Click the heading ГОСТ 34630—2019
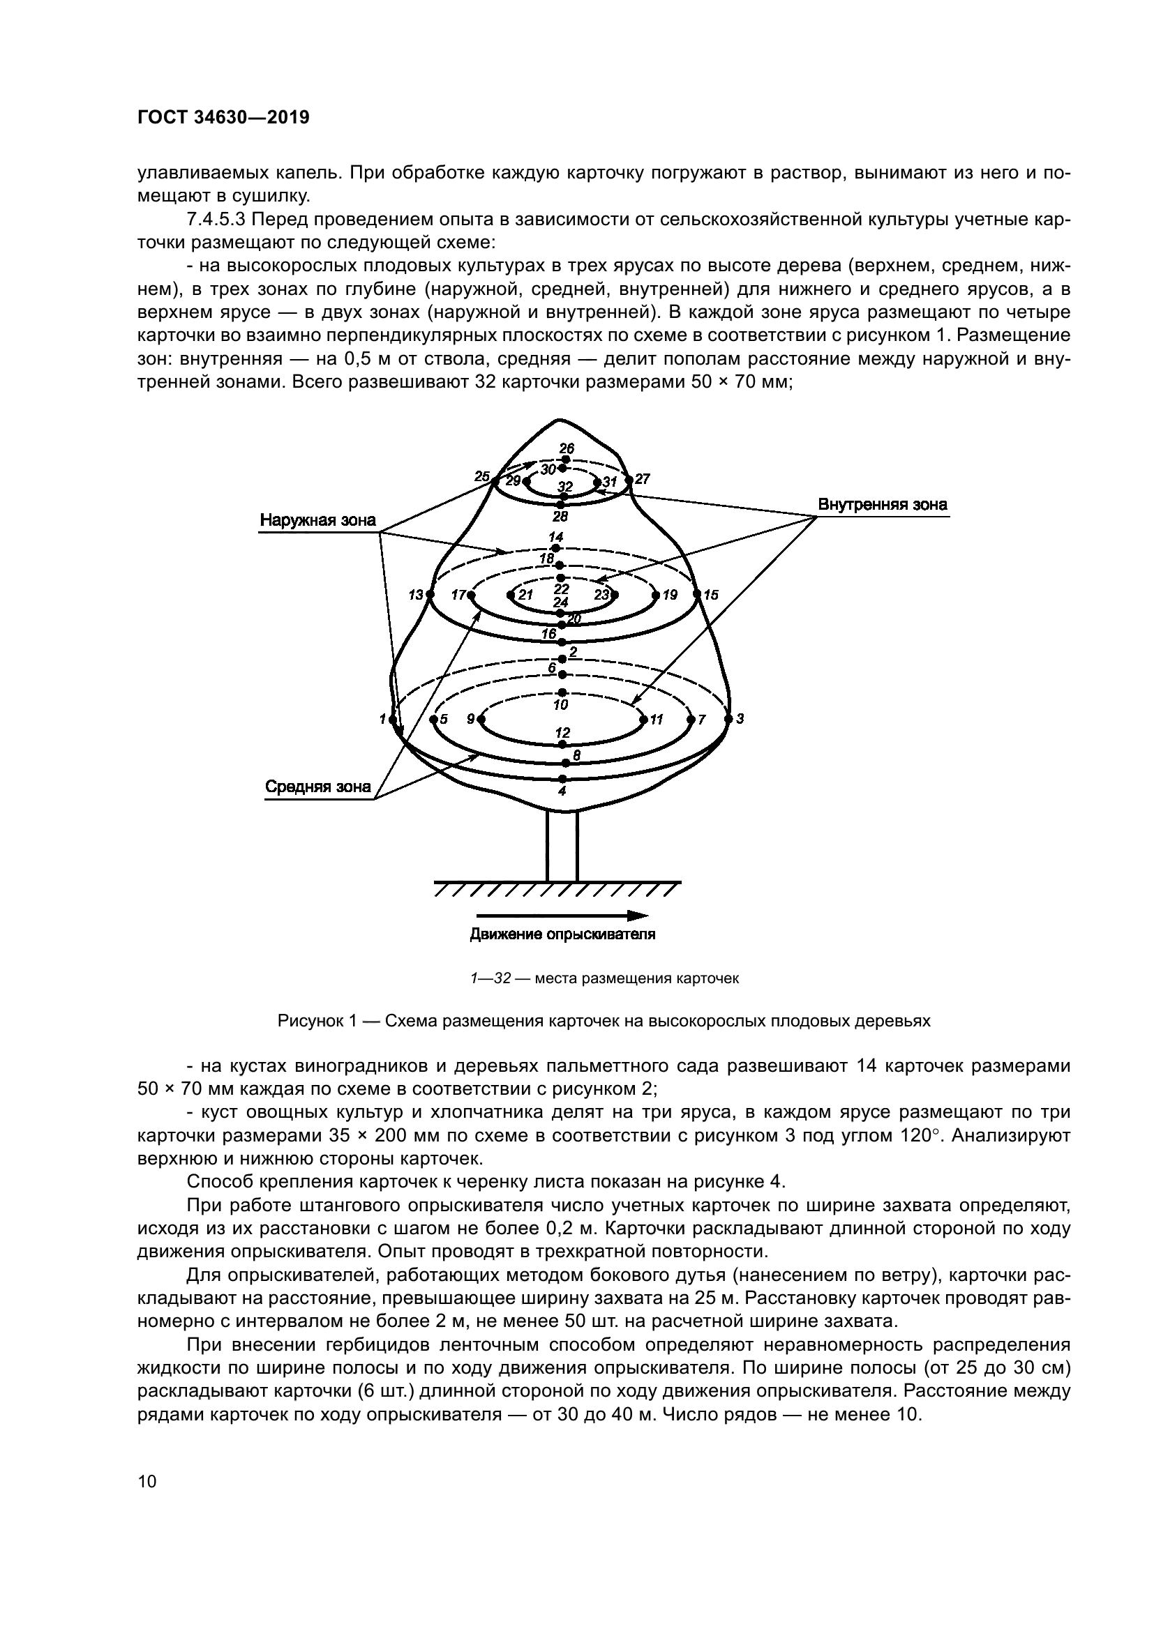click(223, 118)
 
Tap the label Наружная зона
click(317, 520)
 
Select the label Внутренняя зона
click(882, 504)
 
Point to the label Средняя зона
click(317, 787)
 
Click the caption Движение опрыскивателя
click(562, 934)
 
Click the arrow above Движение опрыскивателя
click(562, 915)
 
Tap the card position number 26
click(567, 448)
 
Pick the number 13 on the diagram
click(416, 595)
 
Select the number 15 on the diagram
click(711, 595)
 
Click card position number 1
click(383, 719)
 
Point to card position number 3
click(740, 719)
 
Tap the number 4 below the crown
click(562, 790)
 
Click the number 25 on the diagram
click(482, 476)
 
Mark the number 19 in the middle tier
click(670, 595)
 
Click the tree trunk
click(562, 845)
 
